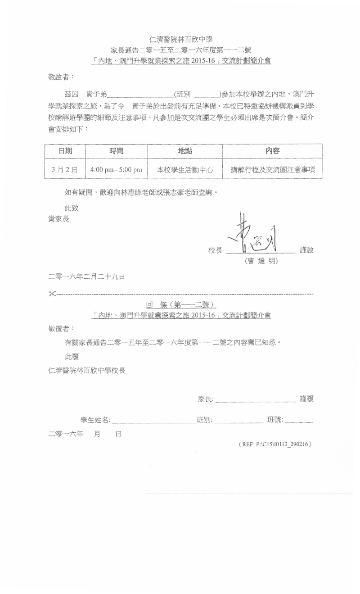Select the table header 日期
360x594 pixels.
click(x=65, y=151)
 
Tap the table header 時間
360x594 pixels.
click(x=116, y=151)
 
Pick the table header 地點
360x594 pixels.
click(x=185, y=151)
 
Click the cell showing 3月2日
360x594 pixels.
click(x=65, y=170)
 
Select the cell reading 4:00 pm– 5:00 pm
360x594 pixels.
click(x=116, y=170)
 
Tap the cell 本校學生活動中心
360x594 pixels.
click(x=185, y=170)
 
